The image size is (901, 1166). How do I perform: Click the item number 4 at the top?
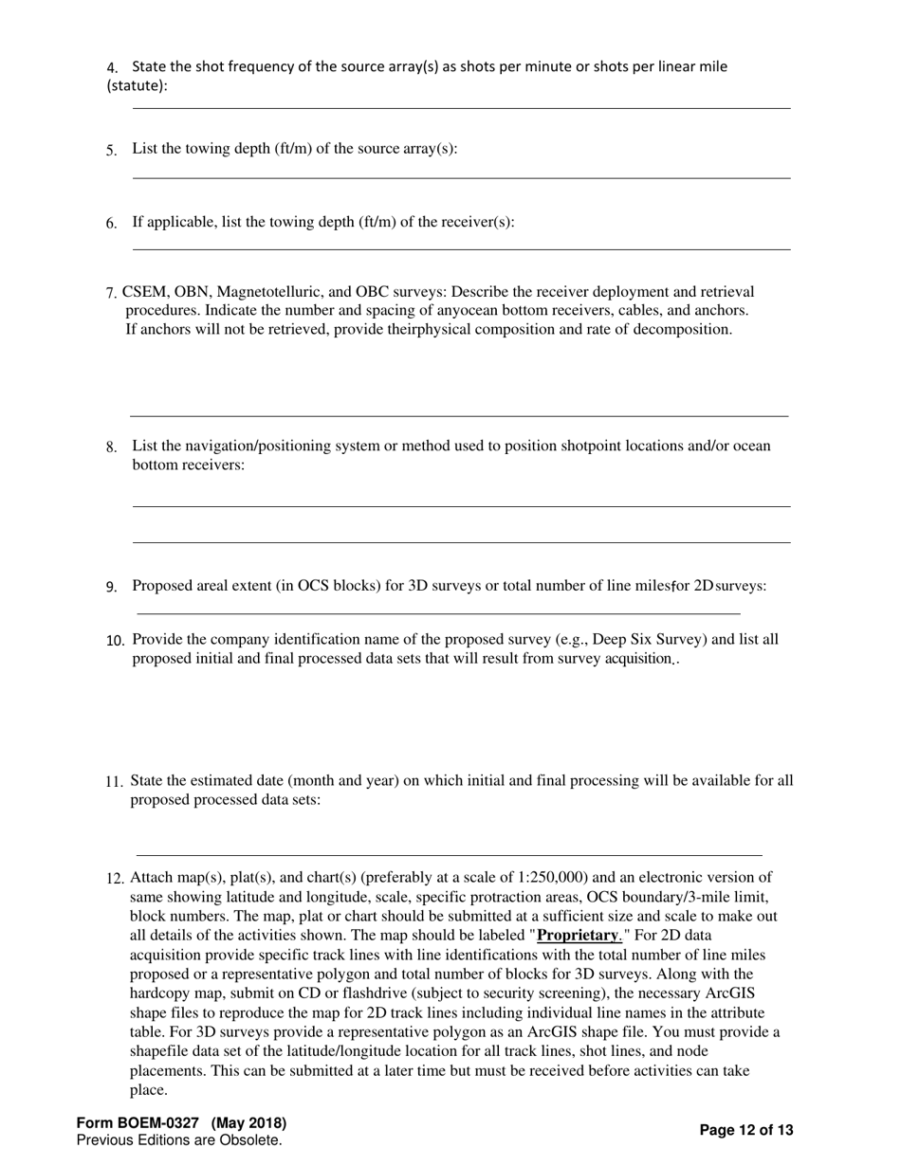click(x=112, y=67)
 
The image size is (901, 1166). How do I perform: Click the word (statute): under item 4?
click(x=138, y=86)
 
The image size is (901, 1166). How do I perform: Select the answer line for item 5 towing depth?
click(x=461, y=176)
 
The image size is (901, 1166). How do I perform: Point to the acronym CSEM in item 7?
click(x=142, y=292)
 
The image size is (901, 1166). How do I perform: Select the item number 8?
click(x=112, y=447)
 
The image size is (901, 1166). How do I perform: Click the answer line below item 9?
click(x=438, y=613)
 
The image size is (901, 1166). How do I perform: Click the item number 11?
click(x=114, y=782)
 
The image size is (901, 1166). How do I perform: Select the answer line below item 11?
click(x=450, y=855)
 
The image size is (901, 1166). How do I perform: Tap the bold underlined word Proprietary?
click(x=579, y=936)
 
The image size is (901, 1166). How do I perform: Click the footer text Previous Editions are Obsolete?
click(x=179, y=1140)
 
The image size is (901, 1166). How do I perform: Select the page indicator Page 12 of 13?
click(x=745, y=1130)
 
